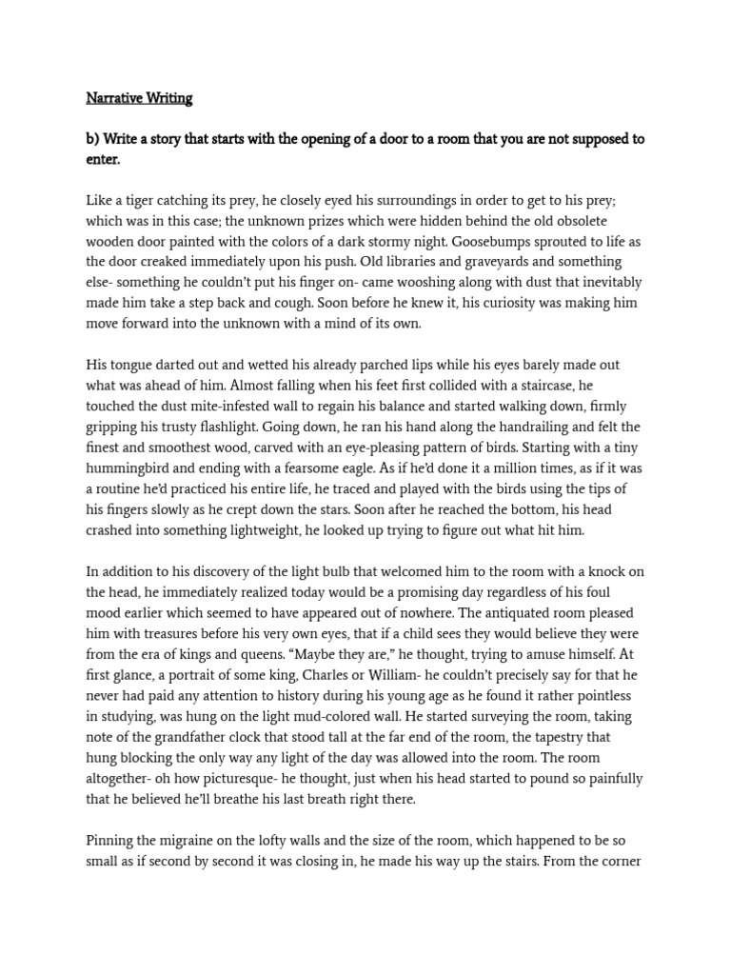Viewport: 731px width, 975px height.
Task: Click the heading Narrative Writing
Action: click(x=139, y=98)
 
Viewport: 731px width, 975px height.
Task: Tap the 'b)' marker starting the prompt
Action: click(x=92, y=139)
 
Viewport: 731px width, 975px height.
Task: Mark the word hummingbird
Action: click(x=130, y=468)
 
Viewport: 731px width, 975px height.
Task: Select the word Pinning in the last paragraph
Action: click(x=111, y=841)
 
